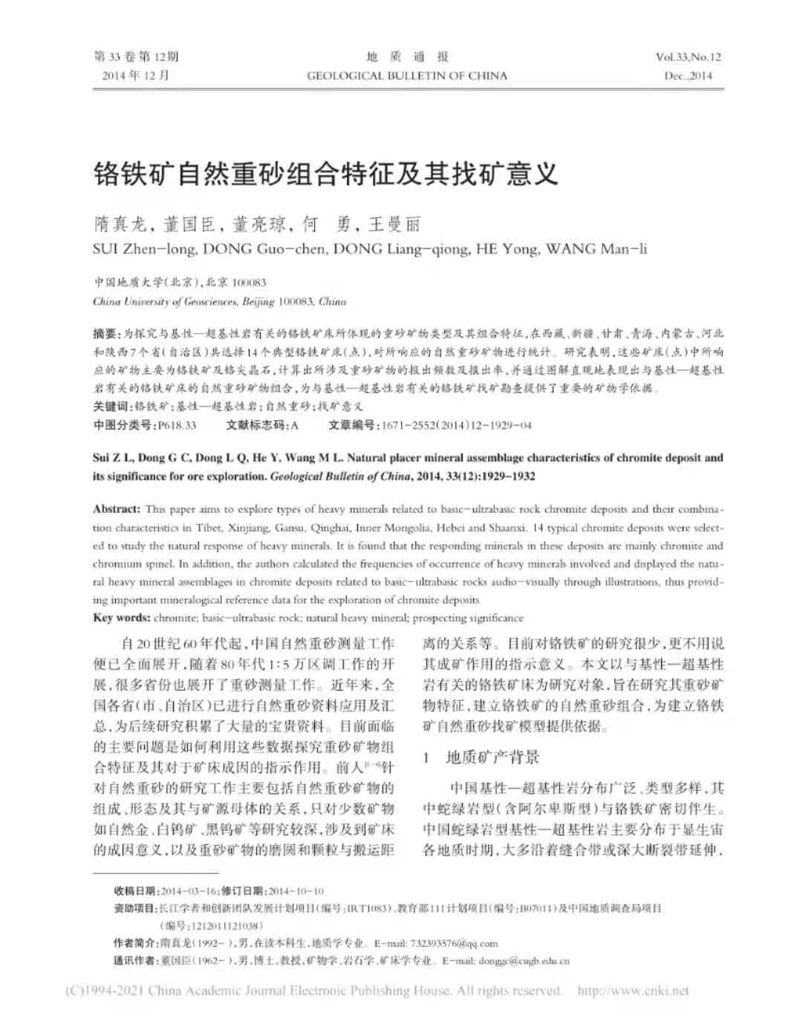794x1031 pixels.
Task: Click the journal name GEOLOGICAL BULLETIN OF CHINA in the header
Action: tap(407, 75)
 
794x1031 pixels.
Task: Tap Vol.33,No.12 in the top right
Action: tap(688, 56)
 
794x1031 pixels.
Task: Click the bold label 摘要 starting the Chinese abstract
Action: tap(105, 334)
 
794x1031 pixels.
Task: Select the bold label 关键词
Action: tap(111, 407)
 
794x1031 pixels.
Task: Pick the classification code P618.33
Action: tap(177, 425)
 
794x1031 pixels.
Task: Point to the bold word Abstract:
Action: tap(117, 509)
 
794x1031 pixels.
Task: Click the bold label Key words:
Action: tap(122, 618)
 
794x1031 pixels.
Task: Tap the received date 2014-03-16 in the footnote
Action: tap(189, 891)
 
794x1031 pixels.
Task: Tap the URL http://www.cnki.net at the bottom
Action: tap(632, 991)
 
